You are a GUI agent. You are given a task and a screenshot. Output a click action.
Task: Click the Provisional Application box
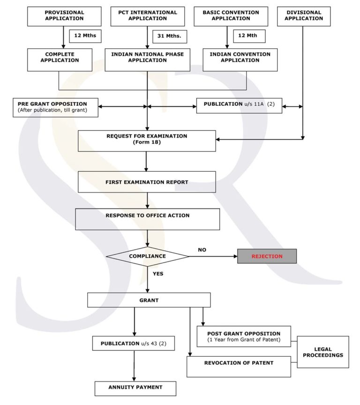[64, 16]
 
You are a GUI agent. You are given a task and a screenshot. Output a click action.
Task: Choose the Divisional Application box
[303, 16]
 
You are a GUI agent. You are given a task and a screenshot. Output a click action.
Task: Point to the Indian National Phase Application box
[147, 59]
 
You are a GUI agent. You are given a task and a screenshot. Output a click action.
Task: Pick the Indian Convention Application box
[240, 59]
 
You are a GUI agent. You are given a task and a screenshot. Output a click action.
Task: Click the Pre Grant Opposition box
[55, 107]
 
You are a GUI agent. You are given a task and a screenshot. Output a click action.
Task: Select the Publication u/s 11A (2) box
[239, 105]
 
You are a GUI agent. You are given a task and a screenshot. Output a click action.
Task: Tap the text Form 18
[147, 142]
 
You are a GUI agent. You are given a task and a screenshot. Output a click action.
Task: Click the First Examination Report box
[147, 182]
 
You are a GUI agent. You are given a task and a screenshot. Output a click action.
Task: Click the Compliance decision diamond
[147, 256]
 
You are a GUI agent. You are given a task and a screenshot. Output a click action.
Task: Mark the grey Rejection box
[267, 256]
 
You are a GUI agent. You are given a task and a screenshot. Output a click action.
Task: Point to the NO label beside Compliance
[202, 250]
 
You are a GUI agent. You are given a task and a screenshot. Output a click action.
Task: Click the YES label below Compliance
[158, 273]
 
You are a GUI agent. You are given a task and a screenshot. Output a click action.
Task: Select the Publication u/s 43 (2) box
[134, 343]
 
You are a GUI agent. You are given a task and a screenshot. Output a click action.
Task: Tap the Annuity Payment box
[135, 388]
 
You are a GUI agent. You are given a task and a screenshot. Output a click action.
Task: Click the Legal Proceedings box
[322, 352]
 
